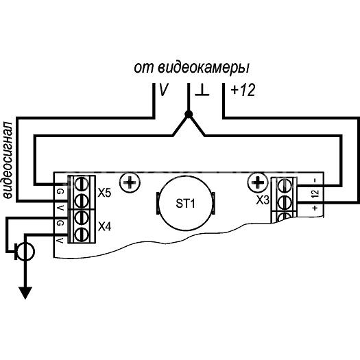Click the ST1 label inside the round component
(x=185, y=204)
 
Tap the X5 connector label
(x=104, y=193)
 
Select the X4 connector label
(x=104, y=227)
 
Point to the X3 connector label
(x=263, y=200)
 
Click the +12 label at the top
(x=243, y=90)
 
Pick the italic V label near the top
(x=164, y=90)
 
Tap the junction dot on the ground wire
(x=189, y=113)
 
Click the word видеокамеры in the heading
(x=204, y=68)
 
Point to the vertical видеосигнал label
(x=8, y=160)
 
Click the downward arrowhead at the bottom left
(x=25, y=293)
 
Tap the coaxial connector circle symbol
(x=26, y=252)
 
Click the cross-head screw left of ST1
(x=130, y=183)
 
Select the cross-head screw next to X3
(x=258, y=182)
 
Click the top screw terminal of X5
(x=82, y=184)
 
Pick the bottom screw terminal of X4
(x=82, y=234)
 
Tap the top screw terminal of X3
(x=285, y=185)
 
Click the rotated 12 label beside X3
(x=315, y=194)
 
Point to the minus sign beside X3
(x=315, y=180)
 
